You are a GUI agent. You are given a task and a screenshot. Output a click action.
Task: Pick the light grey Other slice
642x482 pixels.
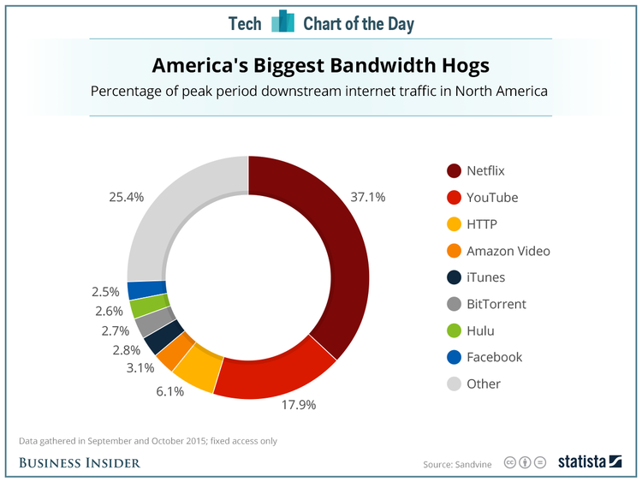pos(171,214)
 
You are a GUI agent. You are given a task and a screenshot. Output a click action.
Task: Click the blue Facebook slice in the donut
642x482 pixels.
pos(134,289)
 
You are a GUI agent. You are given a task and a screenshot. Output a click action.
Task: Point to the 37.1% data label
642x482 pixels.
pos(369,197)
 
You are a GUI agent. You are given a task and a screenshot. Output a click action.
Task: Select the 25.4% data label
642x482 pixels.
pos(127,197)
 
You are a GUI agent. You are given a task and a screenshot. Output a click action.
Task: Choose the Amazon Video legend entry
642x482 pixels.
pos(508,251)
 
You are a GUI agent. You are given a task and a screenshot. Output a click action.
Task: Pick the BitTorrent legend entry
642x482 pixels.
pos(496,304)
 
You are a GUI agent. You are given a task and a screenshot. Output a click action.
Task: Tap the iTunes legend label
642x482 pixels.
pos(485,277)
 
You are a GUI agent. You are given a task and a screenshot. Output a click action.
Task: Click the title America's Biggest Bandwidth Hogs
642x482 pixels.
pos(320,65)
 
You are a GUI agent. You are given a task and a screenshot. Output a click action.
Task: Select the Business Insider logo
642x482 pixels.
pos(80,463)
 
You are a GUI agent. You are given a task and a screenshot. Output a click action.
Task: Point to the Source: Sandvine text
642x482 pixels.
pos(458,464)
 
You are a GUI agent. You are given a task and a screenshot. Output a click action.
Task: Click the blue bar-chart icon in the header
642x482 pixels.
pos(282,23)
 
